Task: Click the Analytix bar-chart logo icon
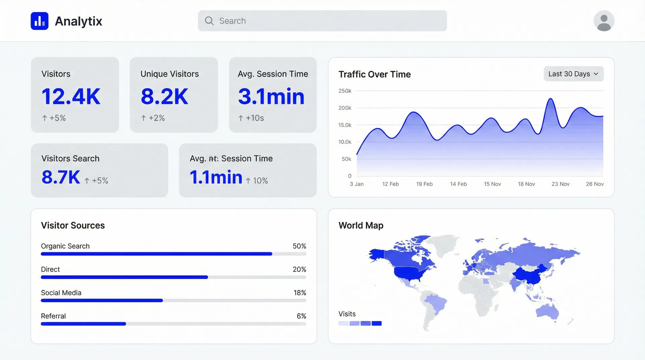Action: [40, 21]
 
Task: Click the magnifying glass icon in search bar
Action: [209, 21]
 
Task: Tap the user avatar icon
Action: [604, 21]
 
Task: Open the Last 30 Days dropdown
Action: [573, 74]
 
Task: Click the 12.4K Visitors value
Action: [71, 97]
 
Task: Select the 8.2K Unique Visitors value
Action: [164, 97]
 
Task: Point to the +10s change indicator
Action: [251, 118]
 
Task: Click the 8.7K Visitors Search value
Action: [61, 177]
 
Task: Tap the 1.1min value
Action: [216, 177]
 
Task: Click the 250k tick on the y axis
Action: [345, 91]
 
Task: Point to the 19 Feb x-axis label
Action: [424, 184]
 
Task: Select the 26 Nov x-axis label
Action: [595, 184]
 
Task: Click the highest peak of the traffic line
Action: [551, 99]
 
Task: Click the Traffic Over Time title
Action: [375, 74]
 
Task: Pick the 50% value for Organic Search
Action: [299, 246]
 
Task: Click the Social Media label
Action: [61, 293]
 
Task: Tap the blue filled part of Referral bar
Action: [83, 324]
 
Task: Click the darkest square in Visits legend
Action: [377, 323]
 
